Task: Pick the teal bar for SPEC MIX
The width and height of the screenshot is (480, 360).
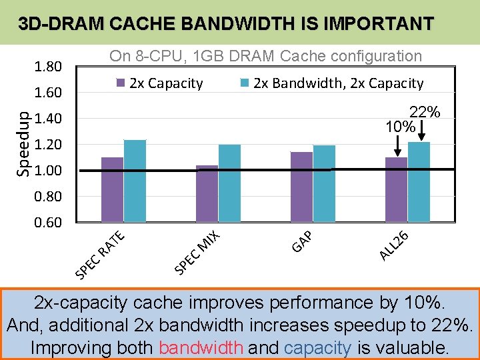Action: (x=229, y=183)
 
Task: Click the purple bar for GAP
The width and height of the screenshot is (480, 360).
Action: (x=301, y=187)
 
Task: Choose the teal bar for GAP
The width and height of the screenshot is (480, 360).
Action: (x=324, y=183)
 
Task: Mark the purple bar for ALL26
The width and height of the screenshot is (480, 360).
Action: (x=396, y=189)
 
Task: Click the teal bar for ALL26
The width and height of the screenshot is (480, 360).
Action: (x=419, y=181)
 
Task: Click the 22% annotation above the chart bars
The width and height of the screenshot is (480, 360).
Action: (x=423, y=112)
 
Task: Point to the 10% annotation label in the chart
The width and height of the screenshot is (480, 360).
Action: (x=401, y=126)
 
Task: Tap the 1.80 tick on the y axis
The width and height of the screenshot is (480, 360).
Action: (x=48, y=67)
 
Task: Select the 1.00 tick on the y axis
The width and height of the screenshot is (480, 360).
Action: (x=48, y=171)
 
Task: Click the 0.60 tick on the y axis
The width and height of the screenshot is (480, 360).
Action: (x=48, y=223)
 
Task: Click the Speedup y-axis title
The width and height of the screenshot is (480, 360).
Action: (x=23, y=143)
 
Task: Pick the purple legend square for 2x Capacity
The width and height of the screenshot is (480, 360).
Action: (x=121, y=83)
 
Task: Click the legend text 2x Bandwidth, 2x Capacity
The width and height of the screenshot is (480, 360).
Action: (x=338, y=83)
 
